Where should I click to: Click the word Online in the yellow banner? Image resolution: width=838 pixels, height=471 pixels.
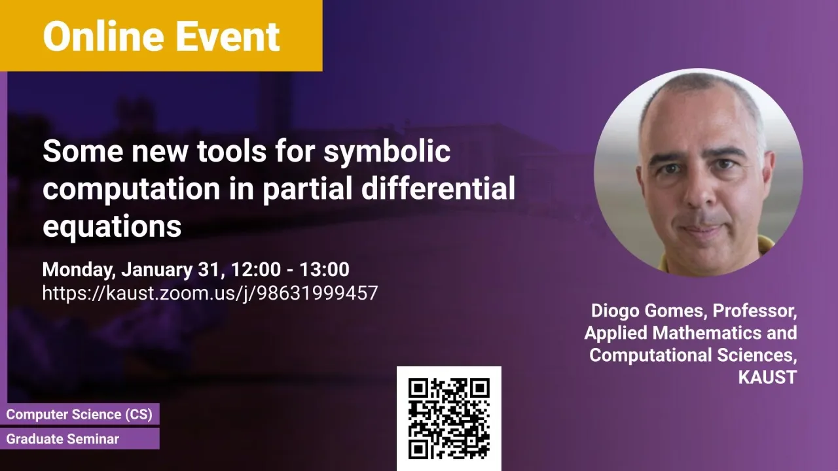point(103,36)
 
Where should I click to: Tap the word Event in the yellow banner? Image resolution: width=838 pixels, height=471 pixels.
point(228,36)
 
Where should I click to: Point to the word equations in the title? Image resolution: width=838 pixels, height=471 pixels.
point(112,227)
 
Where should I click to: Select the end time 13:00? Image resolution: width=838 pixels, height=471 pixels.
point(324,270)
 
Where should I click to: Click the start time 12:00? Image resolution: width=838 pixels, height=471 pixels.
point(255,270)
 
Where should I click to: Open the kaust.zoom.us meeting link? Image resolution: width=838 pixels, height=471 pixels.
point(210,293)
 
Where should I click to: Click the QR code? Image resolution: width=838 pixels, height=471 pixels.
point(449,419)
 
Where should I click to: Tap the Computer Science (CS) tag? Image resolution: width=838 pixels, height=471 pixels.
point(79,414)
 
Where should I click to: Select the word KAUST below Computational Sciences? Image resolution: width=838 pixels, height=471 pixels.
point(767,377)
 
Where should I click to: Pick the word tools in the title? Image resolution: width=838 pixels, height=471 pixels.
point(232,151)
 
